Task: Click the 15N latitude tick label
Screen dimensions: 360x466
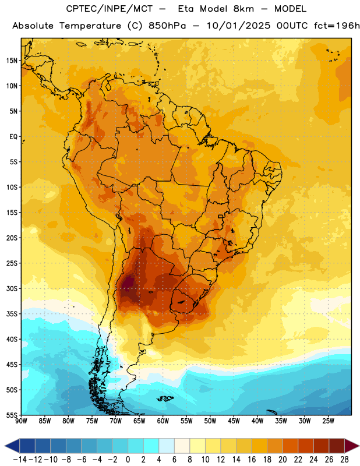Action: tap(12, 61)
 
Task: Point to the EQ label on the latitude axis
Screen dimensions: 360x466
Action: tap(13, 137)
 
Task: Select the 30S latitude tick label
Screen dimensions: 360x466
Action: tap(12, 288)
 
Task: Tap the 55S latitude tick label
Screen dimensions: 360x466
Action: tap(12, 415)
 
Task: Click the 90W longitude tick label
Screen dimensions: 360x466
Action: tap(22, 421)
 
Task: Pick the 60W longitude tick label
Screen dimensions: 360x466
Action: tap(163, 421)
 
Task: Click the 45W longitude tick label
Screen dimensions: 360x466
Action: tap(234, 421)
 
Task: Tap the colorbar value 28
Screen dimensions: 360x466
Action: tap(344, 460)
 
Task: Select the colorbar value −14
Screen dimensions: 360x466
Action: tap(20, 460)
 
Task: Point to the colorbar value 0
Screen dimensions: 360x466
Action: tap(128, 460)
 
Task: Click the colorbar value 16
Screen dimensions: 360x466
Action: tap(252, 460)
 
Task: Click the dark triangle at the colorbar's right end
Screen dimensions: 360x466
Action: tap(351, 446)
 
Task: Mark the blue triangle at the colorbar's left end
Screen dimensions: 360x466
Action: tap(12, 446)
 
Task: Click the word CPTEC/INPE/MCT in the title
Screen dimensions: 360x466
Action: tap(110, 9)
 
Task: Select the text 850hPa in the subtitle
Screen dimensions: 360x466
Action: tap(167, 26)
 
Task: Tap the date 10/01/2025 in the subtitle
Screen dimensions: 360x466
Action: tap(238, 26)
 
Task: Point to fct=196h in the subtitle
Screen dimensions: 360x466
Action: tap(337, 26)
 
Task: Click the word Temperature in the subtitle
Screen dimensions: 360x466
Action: tap(90, 26)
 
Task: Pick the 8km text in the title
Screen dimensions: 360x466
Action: tap(243, 9)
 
